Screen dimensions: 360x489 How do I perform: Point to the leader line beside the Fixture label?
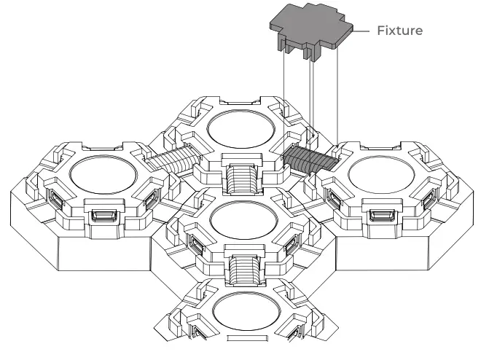(x=362, y=31)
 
